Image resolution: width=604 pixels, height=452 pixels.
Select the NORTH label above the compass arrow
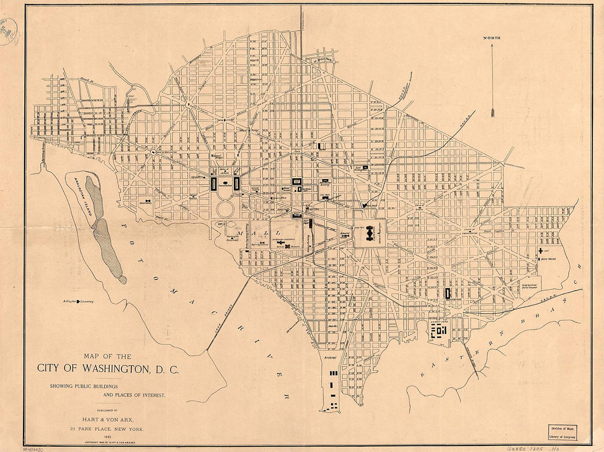tap(492, 38)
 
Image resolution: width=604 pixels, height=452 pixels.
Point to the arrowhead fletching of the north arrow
tap(493, 113)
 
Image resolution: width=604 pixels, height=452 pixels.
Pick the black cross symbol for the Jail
tap(540, 250)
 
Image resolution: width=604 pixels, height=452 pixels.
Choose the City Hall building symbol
tap(326, 198)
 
